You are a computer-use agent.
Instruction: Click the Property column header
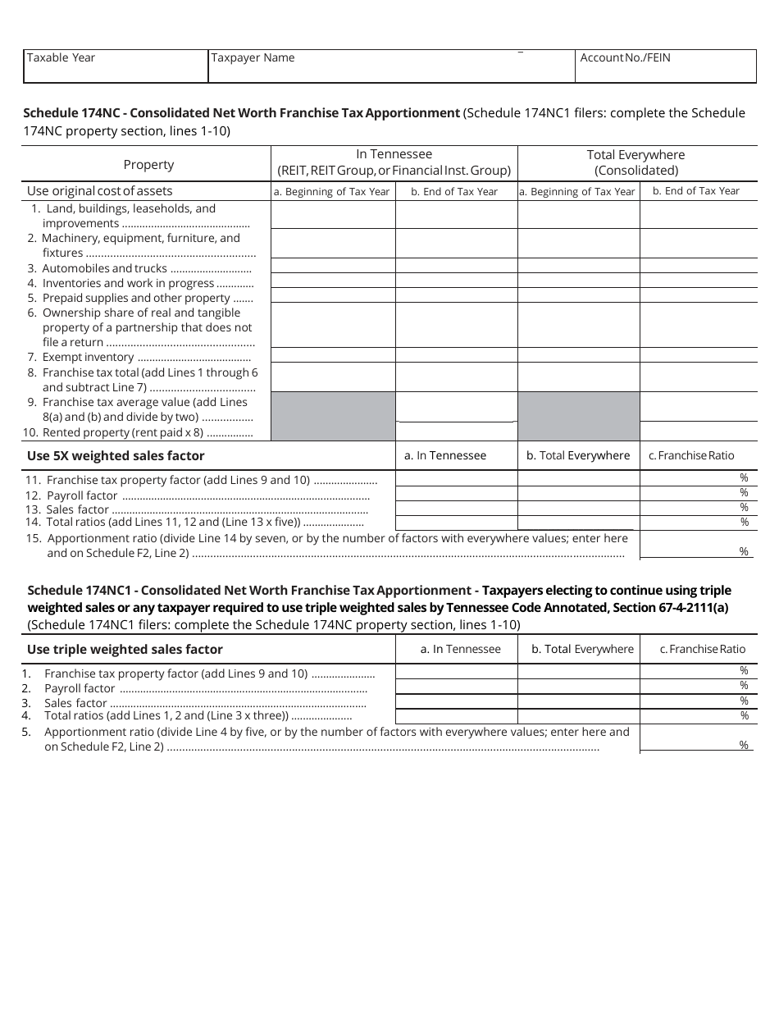click(148, 164)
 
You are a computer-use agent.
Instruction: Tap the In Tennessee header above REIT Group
click(394, 162)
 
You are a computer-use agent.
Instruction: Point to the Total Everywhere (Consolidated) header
click(636, 162)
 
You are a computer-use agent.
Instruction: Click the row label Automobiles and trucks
click(104, 268)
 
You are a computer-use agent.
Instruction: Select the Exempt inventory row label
click(88, 357)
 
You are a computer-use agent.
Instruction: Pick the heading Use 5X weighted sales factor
click(116, 455)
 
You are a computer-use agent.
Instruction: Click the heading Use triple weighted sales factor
click(125, 649)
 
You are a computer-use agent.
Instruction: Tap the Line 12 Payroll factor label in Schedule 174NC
click(82, 495)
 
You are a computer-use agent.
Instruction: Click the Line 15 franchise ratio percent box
click(697, 545)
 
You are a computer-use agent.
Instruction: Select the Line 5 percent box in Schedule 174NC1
click(697, 738)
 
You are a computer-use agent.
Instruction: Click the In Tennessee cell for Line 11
click(456, 478)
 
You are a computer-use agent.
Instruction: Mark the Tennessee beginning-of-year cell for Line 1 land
click(333, 216)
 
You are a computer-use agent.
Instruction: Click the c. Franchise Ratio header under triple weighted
click(703, 649)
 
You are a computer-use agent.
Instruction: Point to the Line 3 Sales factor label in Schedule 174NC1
click(75, 703)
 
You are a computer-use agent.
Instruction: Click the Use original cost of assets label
click(100, 191)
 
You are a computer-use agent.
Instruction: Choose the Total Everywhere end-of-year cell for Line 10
click(698, 431)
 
